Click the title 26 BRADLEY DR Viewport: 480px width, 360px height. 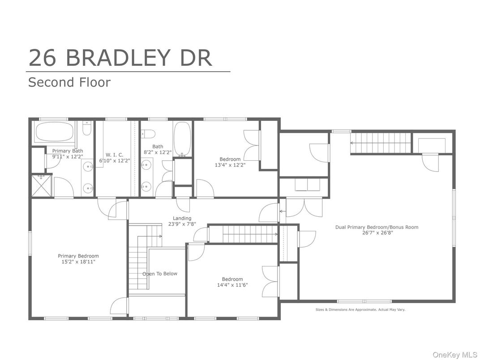120,58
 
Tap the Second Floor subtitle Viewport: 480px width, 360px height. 69,82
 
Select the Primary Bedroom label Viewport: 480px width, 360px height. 78,256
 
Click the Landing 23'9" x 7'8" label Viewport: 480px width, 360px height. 182,221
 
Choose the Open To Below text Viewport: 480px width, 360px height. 160,274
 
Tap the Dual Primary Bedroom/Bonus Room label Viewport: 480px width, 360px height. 377,227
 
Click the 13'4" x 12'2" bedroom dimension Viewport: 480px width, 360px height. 230,165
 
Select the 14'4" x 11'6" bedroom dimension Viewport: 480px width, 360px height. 232,285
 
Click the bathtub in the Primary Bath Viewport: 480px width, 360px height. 55,132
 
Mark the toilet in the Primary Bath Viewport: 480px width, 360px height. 86,129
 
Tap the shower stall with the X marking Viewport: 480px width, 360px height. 42,185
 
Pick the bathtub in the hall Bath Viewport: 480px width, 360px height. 182,139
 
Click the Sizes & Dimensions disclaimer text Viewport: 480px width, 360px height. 360,309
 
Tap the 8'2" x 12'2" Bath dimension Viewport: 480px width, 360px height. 158,152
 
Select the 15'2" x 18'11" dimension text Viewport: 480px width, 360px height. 78,262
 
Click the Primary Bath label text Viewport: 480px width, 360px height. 67,151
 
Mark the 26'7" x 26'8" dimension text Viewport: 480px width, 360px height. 377,233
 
